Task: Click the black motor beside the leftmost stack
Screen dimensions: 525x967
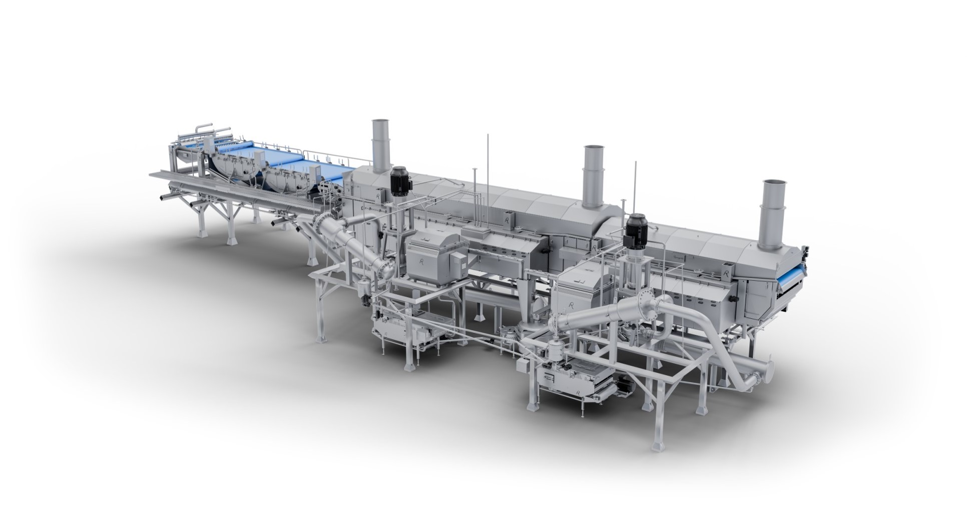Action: point(400,181)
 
